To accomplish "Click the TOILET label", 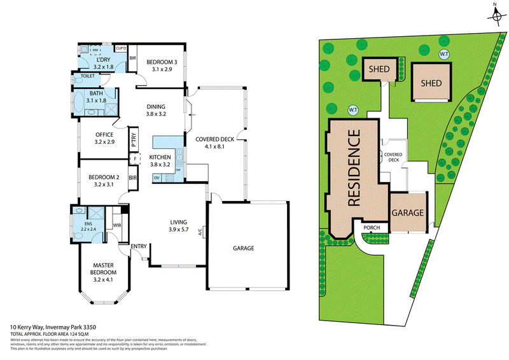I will tap(88, 77).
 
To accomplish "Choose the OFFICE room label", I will tap(104, 134).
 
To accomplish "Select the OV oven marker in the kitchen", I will tap(157, 178).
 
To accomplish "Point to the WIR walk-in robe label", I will tap(116, 225).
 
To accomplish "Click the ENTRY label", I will tap(138, 246).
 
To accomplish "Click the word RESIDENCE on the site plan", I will tap(355, 168).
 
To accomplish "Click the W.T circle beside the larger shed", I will tap(443, 54).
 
